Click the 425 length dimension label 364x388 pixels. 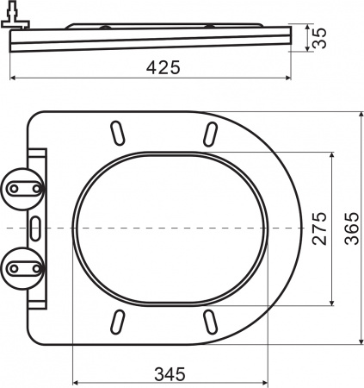pos(163,68)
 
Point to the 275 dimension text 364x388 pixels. pos(318,228)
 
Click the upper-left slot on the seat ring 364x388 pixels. pos(115,134)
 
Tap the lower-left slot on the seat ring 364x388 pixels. pos(115,322)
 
